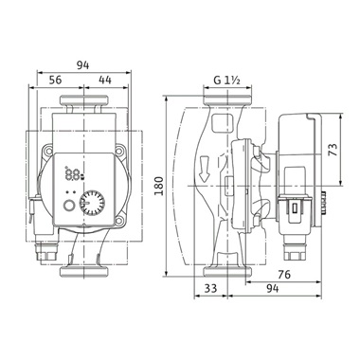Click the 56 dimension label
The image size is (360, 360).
[x=56, y=80]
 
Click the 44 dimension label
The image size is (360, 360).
[x=105, y=80]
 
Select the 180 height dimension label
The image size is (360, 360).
[x=159, y=186]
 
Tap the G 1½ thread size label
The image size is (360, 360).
[x=227, y=81]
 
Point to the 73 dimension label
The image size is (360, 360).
[x=333, y=150]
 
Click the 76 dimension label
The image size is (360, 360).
[x=284, y=275]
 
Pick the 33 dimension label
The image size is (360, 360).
[x=210, y=288]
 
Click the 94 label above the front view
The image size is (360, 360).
[x=83, y=65]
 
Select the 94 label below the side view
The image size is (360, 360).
[x=272, y=288]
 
